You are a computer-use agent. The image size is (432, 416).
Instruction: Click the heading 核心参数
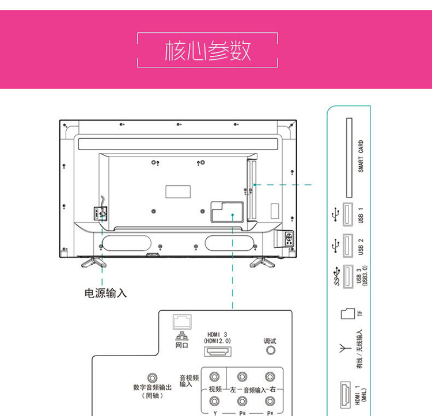207,51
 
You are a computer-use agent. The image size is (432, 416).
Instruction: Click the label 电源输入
106,293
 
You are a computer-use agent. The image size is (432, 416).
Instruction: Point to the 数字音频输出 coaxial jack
153,378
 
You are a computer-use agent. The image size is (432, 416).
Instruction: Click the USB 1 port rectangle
348,216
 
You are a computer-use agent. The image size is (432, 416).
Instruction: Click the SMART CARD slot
348,157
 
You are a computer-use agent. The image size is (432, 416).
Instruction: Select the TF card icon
347,314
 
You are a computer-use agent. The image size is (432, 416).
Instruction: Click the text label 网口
181,346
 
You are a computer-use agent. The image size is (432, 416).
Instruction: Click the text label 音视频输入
189,381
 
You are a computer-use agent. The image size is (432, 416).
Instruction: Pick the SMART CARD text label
361,157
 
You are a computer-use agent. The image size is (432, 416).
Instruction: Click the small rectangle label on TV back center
177,191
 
